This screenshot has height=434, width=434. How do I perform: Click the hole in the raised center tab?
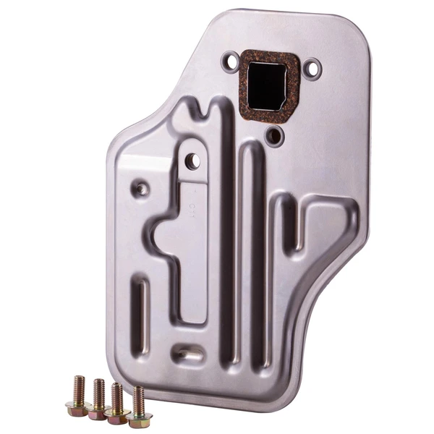pyautogui.click(x=192, y=161)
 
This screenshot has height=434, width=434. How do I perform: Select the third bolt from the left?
pyautogui.click(x=116, y=401)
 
